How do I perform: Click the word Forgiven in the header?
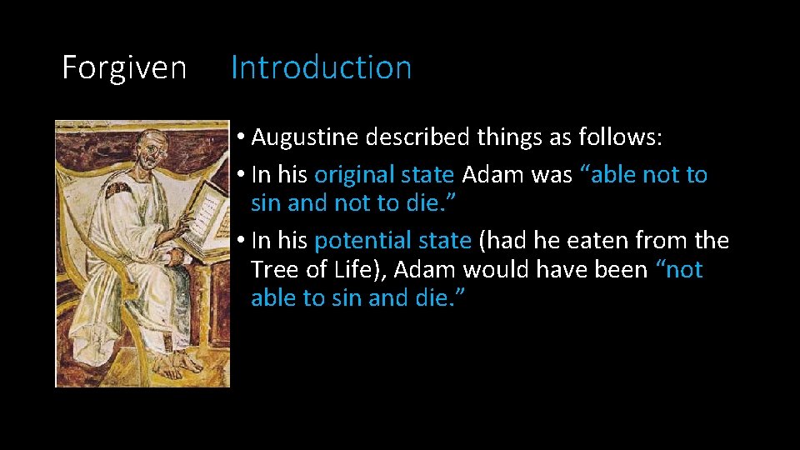[124, 67]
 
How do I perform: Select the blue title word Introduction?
[321, 67]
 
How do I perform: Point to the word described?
[420, 137]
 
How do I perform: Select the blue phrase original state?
[384, 175]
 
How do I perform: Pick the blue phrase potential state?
[392, 241]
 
